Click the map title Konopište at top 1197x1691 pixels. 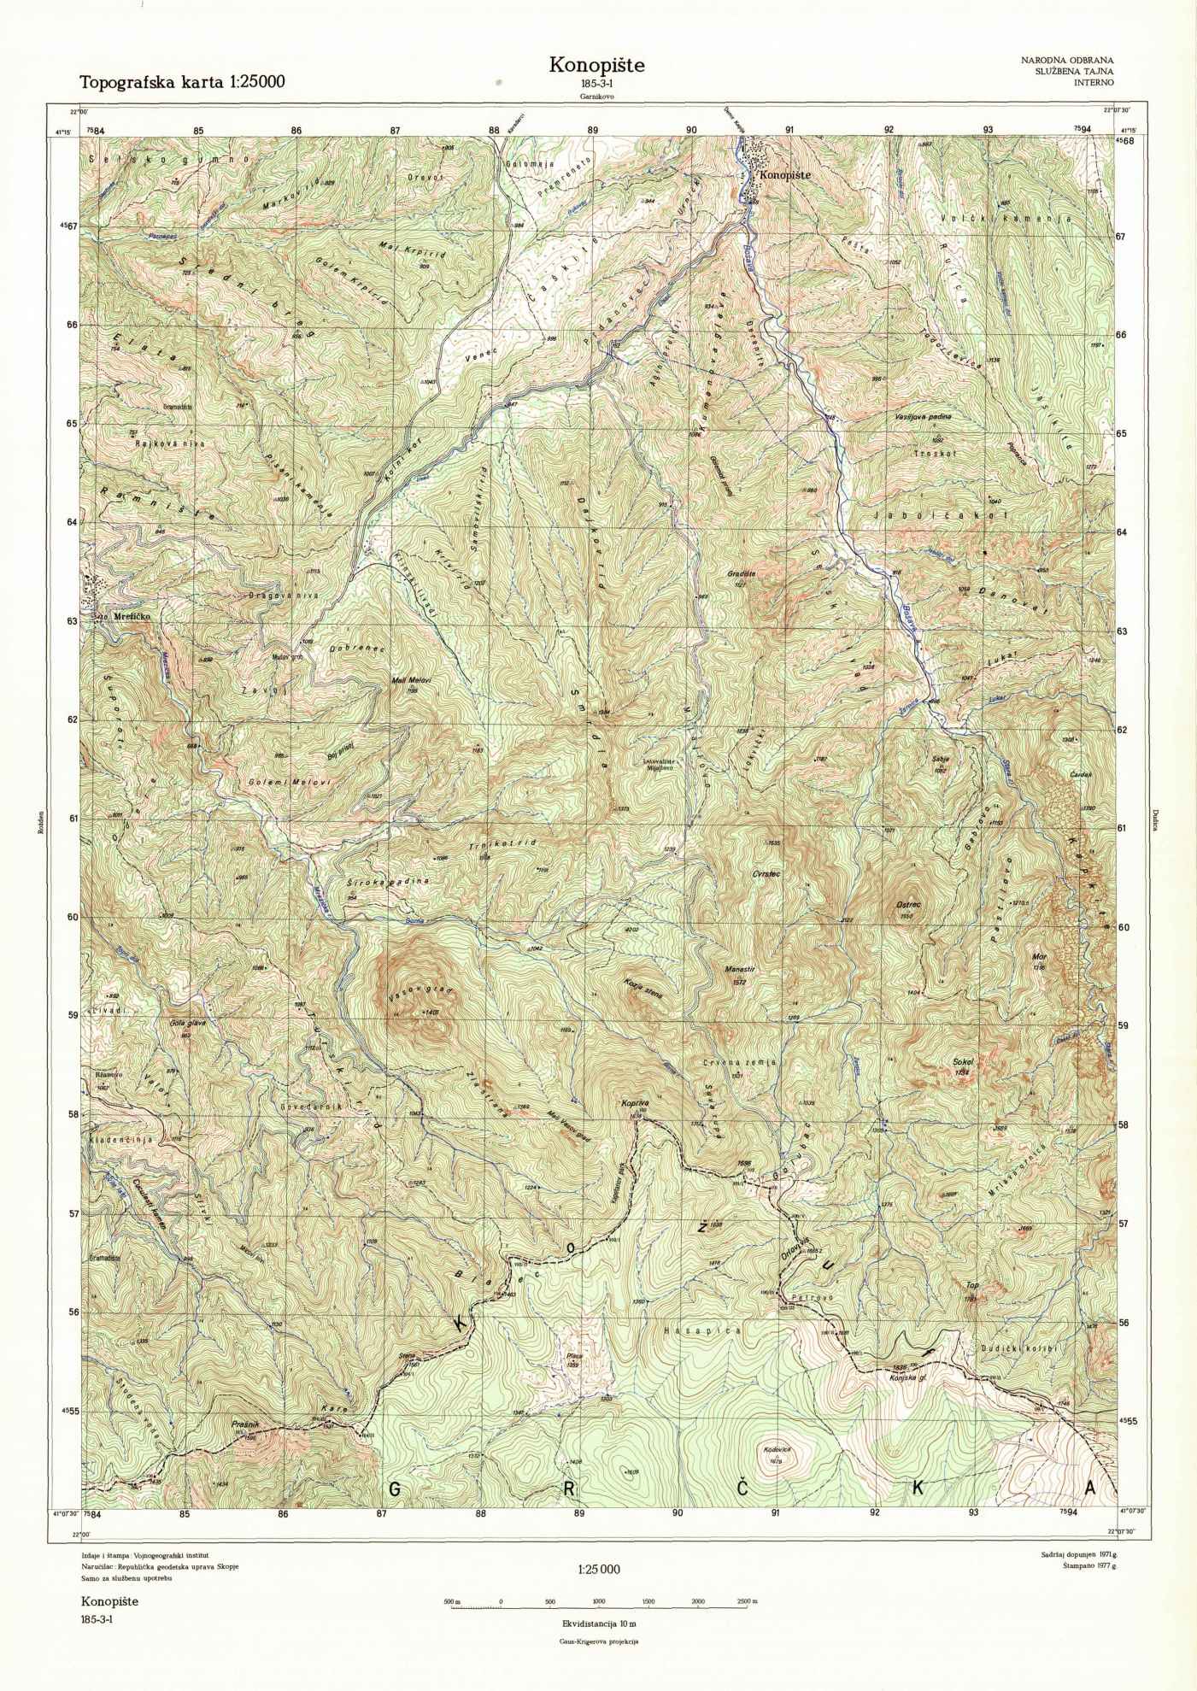pyautogui.click(x=596, y=65)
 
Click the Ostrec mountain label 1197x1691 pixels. pyautogui.click(x=910, y=905)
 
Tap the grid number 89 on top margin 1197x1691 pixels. pyautogui.click(x=593, y=130)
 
